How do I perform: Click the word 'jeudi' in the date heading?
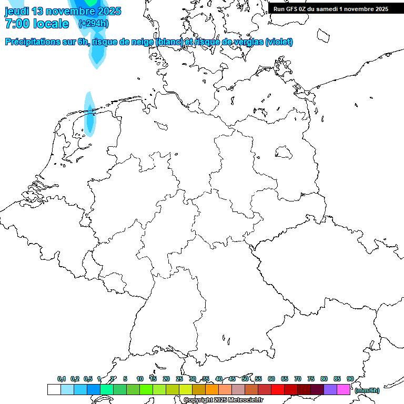coord(17,11)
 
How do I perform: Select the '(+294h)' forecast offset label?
coord(94,24)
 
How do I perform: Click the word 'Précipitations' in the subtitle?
coord(33,42)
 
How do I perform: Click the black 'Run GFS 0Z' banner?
coord(331,9)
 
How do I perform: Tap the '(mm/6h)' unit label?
coord(367,390)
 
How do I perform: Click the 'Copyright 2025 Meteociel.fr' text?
coord(223,400)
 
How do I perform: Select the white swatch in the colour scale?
coord(54,390)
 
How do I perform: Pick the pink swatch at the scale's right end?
coord(344,390)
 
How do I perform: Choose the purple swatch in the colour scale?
coord(330,390)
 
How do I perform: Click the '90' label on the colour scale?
coord(350,379)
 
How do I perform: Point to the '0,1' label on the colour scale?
coord(62,379)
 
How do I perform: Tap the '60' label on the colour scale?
coord(271,379)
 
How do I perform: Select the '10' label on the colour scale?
coord(140,379)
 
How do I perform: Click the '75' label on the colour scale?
coord(311,379)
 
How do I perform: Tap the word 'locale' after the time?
coord(50,24)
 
